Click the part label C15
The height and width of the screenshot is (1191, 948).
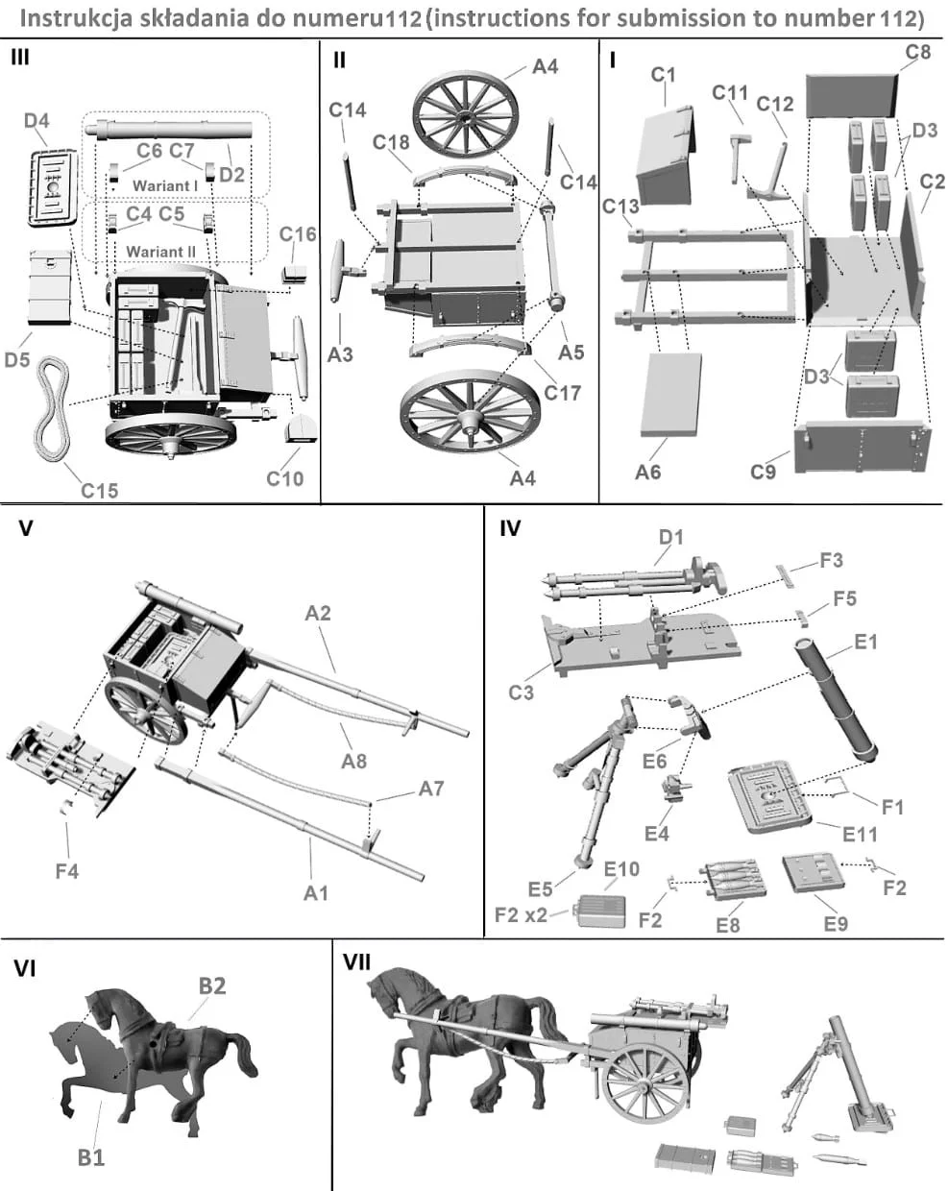tap(100, 491)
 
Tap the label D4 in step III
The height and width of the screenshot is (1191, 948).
tap(36, 121)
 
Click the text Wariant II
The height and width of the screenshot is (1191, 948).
tap(161, 252)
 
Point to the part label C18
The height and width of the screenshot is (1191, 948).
tap(391, 142)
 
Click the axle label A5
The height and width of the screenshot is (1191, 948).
tap(571, 352)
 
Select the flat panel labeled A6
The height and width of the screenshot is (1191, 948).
tap(670, 395)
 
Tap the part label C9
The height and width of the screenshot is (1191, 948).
tap(764, 472)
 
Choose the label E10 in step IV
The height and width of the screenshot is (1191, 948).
tap(621, 869)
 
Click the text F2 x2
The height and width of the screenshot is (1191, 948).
tap(521, 914)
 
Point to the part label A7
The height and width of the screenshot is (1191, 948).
tap(431, 789)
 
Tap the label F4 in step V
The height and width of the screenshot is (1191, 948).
tap(67, 871)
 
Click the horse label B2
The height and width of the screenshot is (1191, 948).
tap(212, 985)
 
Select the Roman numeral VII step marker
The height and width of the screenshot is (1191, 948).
tap(356, 961)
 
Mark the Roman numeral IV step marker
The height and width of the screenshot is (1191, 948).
tap(510, 528)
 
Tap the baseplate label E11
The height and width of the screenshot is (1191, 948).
tap(860, 834)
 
